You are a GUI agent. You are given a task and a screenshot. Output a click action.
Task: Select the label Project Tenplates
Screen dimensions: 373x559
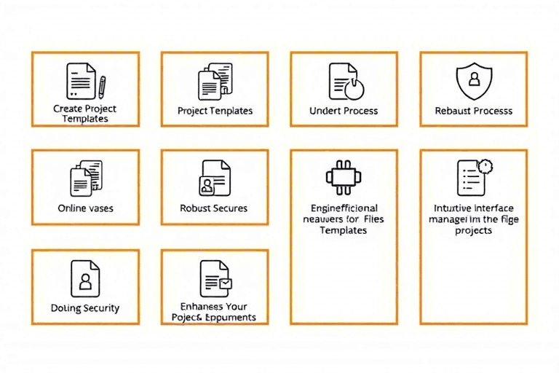coord(215,111)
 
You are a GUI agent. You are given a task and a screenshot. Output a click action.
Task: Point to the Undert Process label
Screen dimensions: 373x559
coord(344,111)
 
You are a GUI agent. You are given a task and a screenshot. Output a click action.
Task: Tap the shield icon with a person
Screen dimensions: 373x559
coord(473,79)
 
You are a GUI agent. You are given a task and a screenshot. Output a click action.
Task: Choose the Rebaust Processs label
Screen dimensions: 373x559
coord(473,111)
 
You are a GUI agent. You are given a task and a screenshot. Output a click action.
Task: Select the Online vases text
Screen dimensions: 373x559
coord(85,208)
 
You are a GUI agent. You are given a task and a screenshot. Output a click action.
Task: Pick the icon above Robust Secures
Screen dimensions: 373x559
coord(215,177)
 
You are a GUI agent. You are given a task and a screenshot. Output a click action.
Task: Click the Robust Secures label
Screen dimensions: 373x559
coord(214,208)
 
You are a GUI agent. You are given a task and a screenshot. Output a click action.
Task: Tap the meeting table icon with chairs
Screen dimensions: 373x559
coord(344,176)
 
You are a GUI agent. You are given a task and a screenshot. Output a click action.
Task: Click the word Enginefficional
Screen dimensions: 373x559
coord(344,208)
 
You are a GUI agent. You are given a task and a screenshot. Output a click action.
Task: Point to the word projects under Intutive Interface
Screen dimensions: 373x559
coord(473,231)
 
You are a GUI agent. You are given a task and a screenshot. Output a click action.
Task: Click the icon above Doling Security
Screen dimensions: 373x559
coord(85,278)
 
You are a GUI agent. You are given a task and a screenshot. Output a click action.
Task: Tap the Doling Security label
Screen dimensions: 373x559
coord(85,308)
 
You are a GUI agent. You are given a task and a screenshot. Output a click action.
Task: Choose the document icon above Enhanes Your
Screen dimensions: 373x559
coord(214,278)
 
